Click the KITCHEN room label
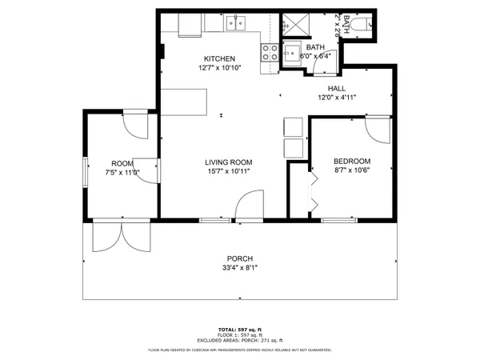[219, 59]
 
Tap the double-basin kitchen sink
[236, 23]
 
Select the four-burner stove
[268, 53]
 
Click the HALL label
[336, 88]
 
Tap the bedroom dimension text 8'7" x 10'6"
[352, 170]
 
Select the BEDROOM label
[352, 161]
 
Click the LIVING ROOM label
[229, 161]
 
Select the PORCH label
[240, 258]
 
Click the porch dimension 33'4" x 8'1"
[240, 268]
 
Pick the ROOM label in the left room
[122, 162]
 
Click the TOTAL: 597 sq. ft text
[240, 330]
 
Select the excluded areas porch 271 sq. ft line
[240, 341]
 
